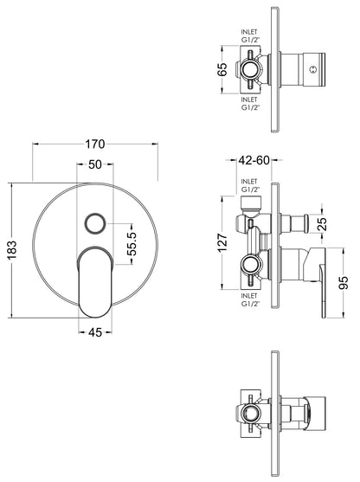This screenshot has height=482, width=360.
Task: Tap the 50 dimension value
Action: click(95, 164)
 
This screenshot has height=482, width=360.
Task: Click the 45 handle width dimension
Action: click(95, 330)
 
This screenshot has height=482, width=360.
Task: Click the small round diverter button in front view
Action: click(94, 225)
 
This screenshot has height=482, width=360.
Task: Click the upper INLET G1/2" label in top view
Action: click(250, 36)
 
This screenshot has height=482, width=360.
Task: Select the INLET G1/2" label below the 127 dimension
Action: click(250, 299)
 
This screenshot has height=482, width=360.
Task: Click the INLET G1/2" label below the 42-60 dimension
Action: click(250, 183)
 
